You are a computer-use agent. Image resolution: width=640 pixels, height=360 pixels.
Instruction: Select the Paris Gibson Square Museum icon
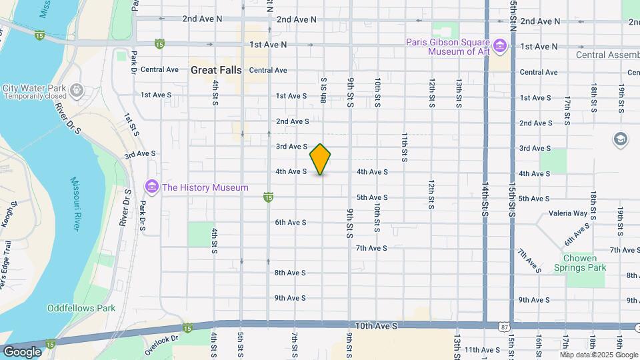500,45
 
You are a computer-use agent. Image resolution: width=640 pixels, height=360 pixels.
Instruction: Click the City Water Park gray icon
78,89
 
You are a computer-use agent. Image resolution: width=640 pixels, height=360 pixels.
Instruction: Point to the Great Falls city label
216,70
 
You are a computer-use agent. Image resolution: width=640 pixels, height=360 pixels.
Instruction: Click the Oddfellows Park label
81,308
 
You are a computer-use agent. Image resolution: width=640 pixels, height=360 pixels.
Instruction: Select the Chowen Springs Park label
580,263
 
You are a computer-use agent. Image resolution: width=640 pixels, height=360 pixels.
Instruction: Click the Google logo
22,351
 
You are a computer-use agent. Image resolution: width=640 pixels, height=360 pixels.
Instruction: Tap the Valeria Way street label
568,214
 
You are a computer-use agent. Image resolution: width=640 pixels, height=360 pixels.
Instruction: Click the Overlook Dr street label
166,338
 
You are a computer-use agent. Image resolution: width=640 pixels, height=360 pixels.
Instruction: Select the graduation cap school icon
621,139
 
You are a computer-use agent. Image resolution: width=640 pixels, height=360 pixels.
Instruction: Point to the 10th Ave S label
377,326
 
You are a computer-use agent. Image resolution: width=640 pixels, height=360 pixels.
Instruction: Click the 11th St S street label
405,147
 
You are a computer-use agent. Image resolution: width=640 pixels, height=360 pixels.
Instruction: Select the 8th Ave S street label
290,273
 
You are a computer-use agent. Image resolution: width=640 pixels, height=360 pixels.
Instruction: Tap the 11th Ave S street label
483,350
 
